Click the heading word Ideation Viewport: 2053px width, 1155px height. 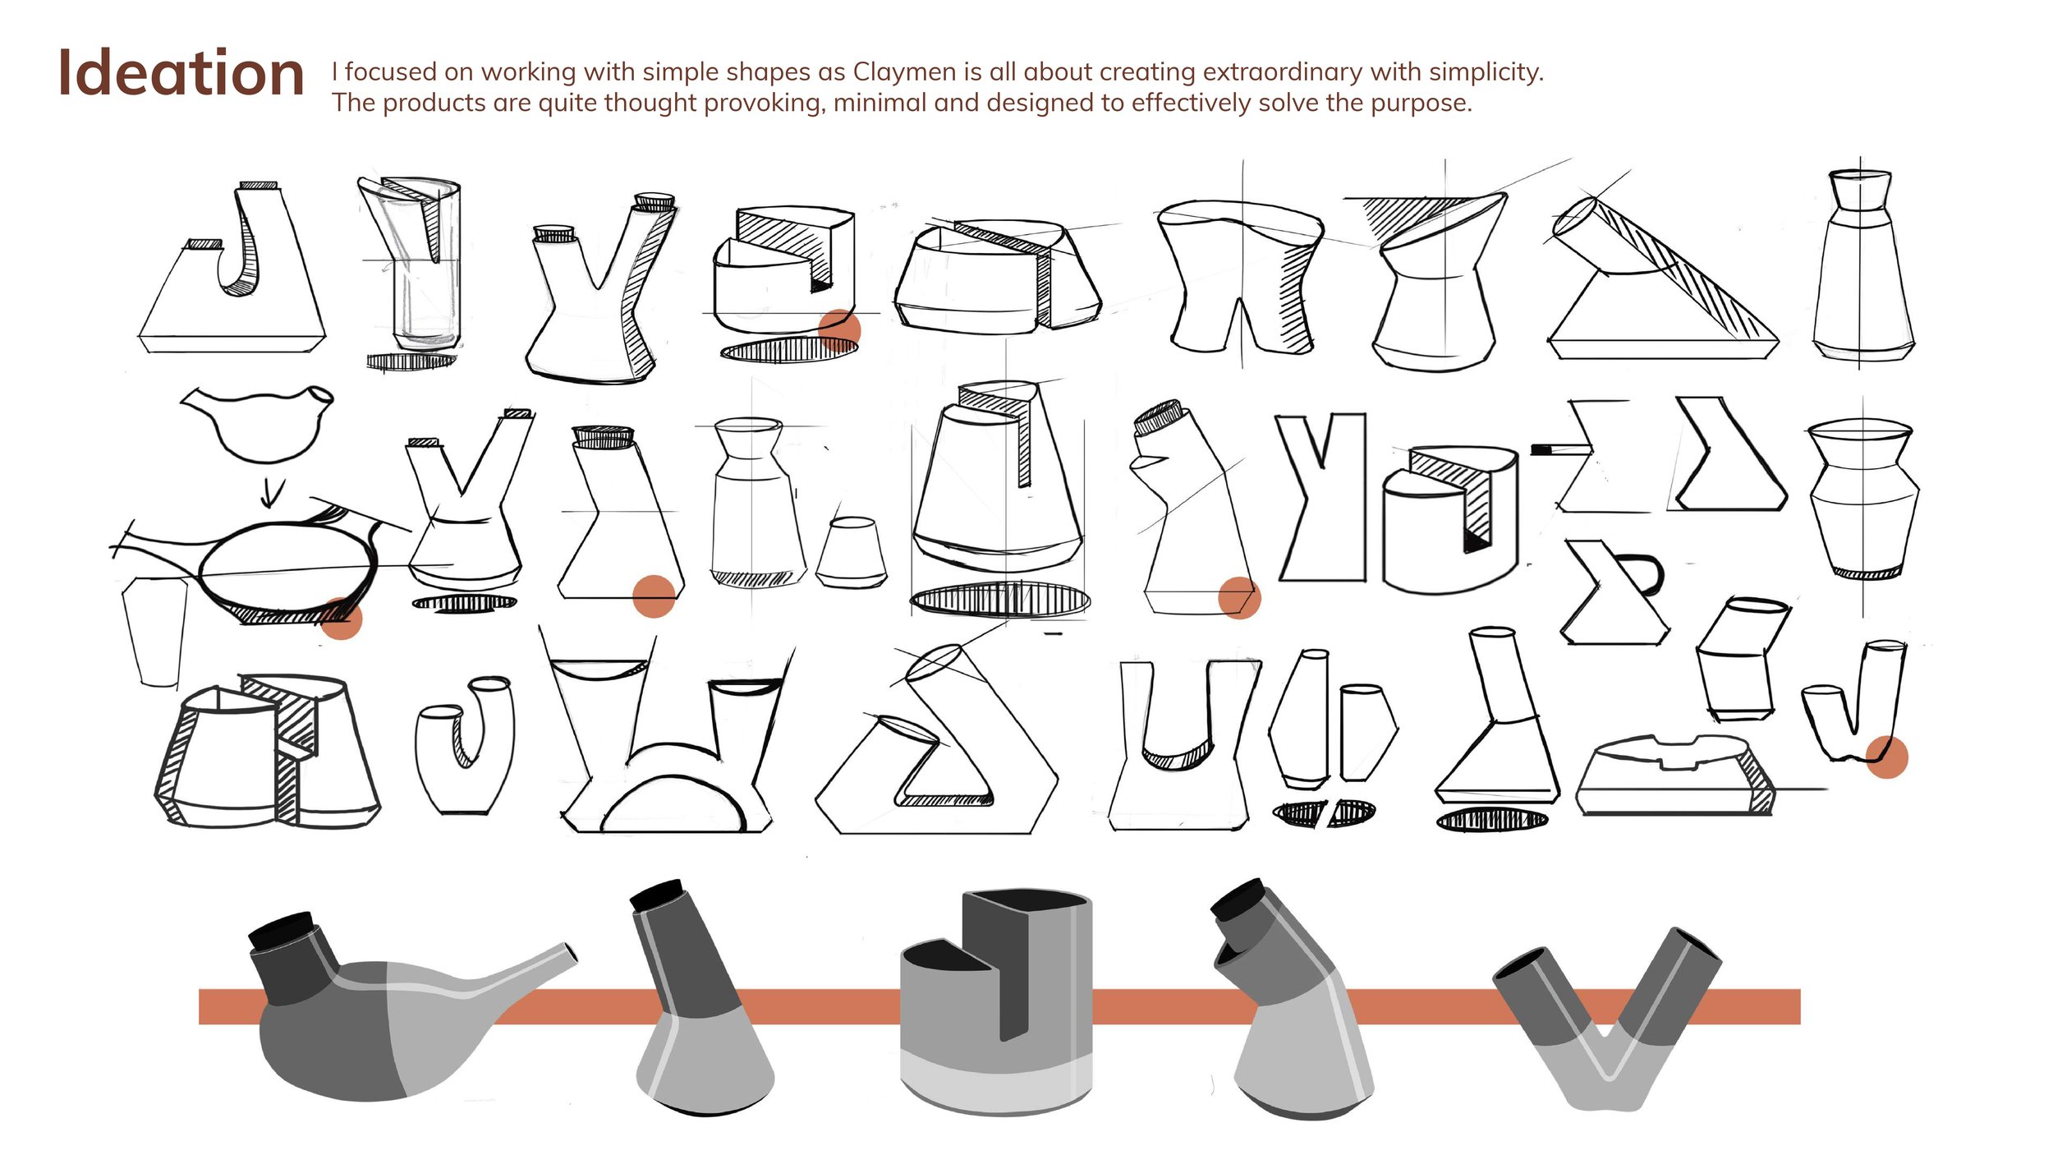coord(181,72)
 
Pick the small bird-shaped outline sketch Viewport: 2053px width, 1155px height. coord(257,422)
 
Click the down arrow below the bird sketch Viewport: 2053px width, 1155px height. coord(272,492)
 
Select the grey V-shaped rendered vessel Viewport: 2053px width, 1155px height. coord(1605,1019)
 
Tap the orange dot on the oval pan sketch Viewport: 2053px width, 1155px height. coord(341,618)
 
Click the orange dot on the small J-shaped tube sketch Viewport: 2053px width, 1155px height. coord(1886,757)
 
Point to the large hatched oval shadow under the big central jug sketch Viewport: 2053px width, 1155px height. coord(1000,600)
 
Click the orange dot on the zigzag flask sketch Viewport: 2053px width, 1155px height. coord(654,596)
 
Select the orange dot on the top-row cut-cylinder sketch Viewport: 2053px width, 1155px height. coord(839,330)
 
